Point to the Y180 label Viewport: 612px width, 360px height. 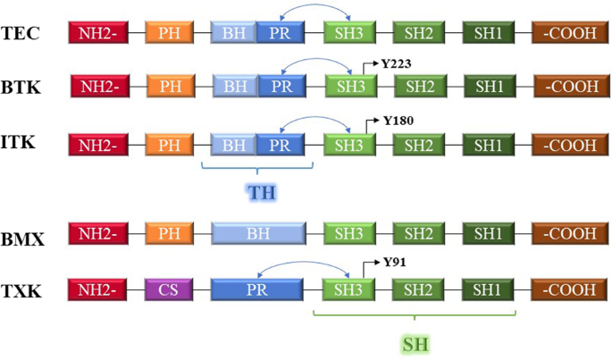point(398,120)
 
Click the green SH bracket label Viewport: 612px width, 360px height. point(417,342)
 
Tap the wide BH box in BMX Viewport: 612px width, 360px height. point(257,234)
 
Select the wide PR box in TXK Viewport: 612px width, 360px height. point(257,289)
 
